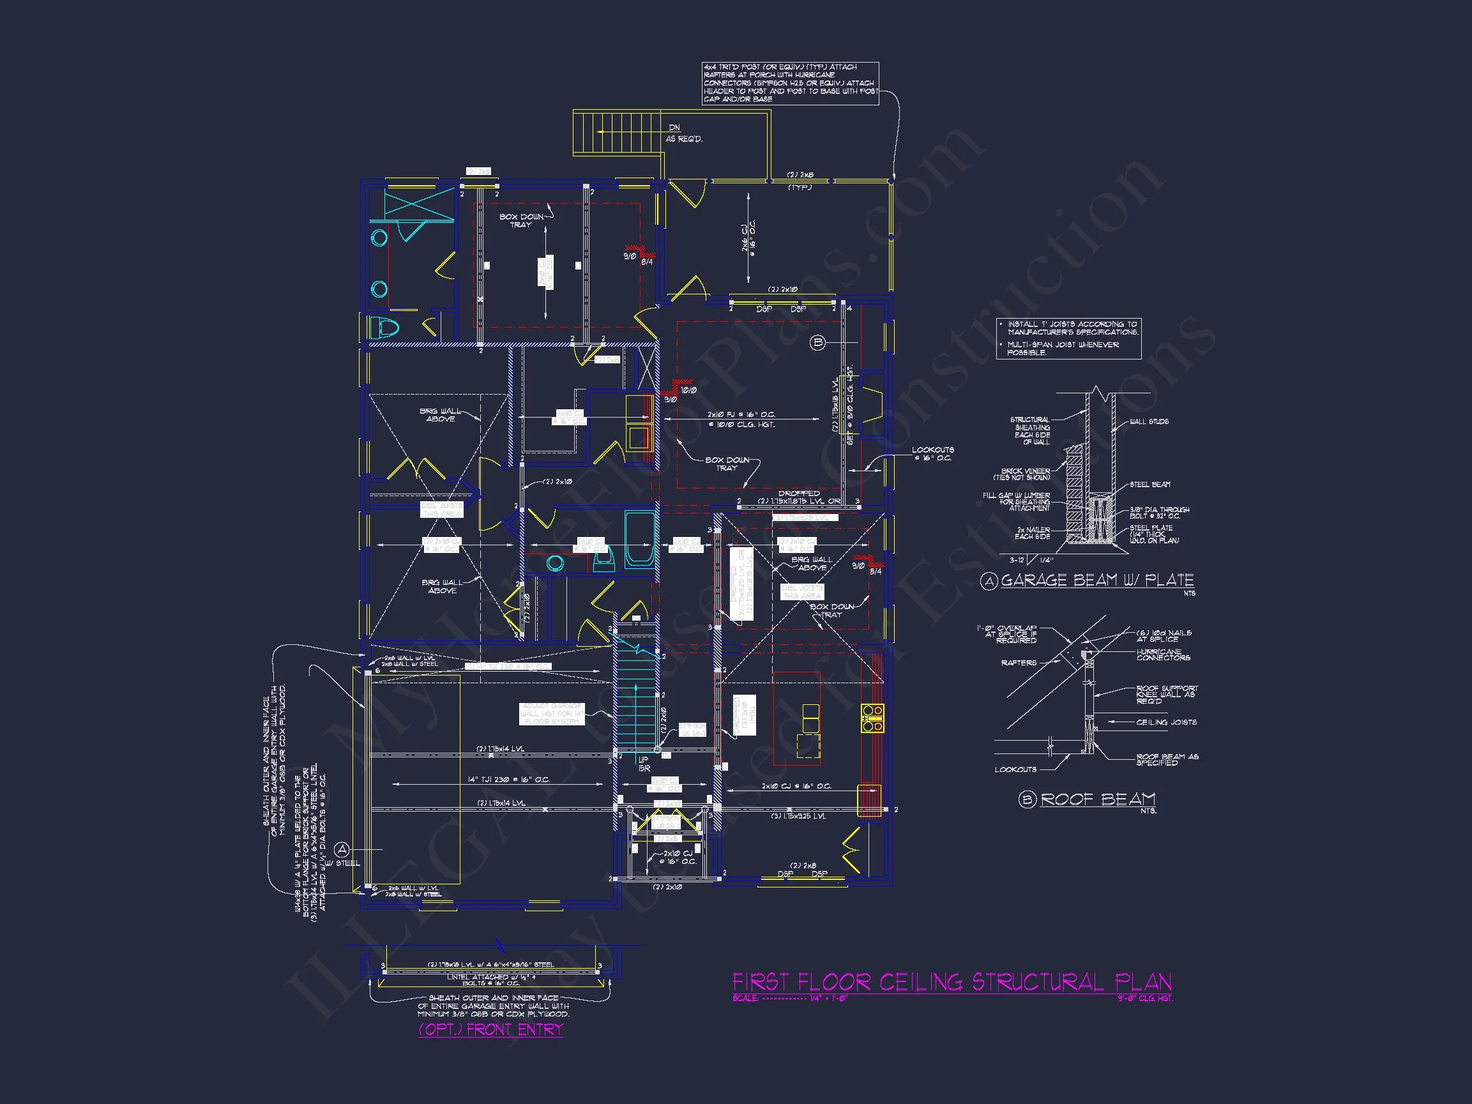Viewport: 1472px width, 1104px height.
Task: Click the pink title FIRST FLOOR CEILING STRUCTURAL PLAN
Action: click(x=952, y=982)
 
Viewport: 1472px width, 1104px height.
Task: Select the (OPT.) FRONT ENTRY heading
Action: click(x=490, y=1029)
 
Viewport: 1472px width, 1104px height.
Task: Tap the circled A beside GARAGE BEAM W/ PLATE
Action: click(x=990, y=582)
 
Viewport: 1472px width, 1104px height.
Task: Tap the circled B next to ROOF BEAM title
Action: click(x=1027, y=799)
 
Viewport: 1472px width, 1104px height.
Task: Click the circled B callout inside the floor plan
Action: click(x=818, y=343)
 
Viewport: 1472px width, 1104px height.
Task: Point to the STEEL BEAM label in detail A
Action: click(x=1150, y=485)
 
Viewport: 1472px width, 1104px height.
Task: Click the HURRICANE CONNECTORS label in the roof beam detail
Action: click(x=1163, y=655)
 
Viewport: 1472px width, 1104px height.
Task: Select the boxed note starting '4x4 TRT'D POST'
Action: click(x=791, y=83)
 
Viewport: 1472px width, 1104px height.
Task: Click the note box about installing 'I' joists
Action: click(x=1069, y=338)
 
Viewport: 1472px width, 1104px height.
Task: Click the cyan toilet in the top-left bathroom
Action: click(x=384, y=328)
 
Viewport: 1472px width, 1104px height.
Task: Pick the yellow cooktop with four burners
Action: click(x=872, y=719)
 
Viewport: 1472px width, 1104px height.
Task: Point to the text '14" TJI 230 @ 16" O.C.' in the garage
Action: click(x=508, y=779)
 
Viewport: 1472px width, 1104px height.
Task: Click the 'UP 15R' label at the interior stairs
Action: click(x=644, y=764)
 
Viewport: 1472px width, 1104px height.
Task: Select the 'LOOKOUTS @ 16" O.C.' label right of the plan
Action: click(x=932, y=454)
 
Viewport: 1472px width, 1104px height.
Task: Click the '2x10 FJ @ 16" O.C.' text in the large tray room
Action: click(x=741, y=414)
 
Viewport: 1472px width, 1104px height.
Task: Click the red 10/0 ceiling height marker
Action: click(x=688, y=391)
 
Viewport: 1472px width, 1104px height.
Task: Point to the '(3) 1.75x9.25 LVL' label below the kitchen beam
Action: click(x=798, y=816)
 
